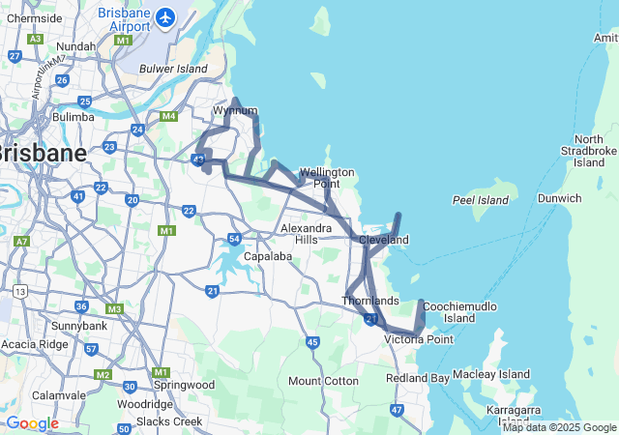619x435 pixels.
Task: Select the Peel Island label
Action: pyautogui.click(x=481, y=200)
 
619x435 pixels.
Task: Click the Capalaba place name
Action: pyautogui.click(x=242, y=257)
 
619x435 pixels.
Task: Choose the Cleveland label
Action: pyautogui.click(x=384, y=240)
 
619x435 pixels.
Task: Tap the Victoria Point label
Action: pyautogui.click(x=419, y=339)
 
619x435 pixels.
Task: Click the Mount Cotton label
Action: pyautogui.click(x=323, y=381)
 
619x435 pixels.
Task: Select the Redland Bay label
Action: pyautogui.click(x=418, y=378)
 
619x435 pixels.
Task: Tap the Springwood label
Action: pyautogui.click(x=183, y=385)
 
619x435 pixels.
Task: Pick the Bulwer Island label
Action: pyautogui.click(x=174, y=70)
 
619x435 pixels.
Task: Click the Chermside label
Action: pyautogui.click(x=34, y=17)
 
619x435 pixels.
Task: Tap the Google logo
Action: pyautogui.click(x=31, y=423)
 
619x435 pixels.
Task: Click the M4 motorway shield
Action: pyautogui.click(x=169, y=117)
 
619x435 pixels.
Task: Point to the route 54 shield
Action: pyautogui.click(x=234, y=239)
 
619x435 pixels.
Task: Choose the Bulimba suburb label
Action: pyautogui.click(x=74, y=117)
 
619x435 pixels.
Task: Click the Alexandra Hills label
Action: pyautogui.click(x=306, y=234)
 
